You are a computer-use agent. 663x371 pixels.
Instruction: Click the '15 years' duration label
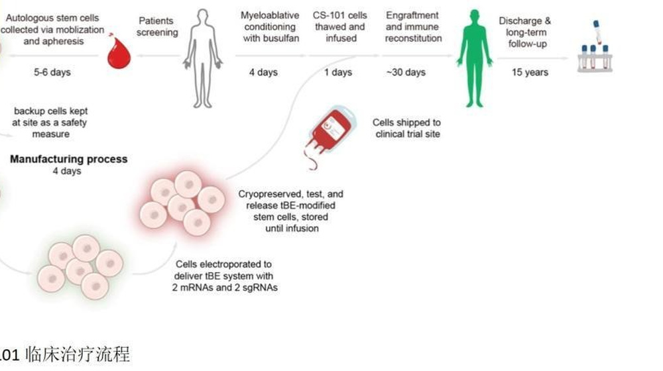tap(530, 72)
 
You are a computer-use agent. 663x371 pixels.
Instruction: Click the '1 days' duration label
tap(338, 72)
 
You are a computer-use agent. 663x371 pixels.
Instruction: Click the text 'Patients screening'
tap(157, 26)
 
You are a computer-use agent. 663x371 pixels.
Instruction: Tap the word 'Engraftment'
tap(411, 15)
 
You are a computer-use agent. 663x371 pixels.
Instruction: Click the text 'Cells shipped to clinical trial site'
tap(406, 129)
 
